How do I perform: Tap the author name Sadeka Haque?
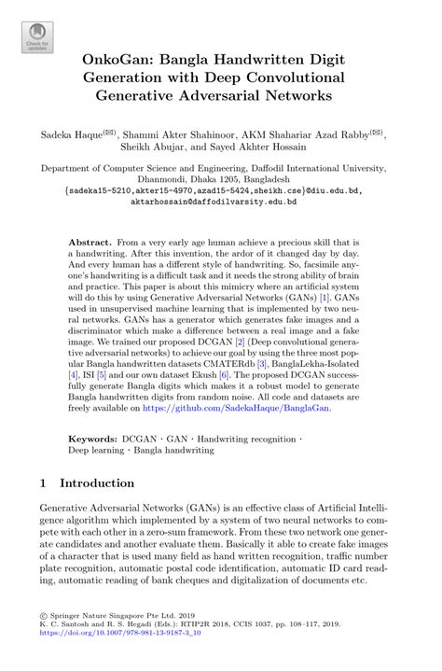(76, 135)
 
